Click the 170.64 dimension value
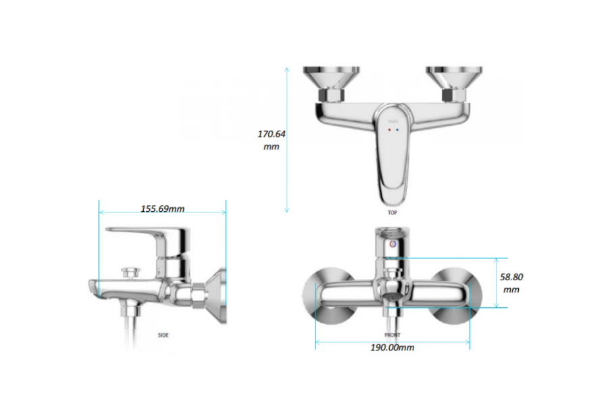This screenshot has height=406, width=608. click(x=272, y=134)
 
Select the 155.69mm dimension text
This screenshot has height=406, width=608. click(x=162, y=208)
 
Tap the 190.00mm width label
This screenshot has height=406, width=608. click(x=392, y=348)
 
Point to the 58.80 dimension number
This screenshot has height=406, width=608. click(x=511, y=277)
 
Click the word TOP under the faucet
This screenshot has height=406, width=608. click(x=392, y=212)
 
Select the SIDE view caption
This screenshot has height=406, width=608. click(x=163, y=335)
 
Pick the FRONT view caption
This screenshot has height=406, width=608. click(x=392, y=335)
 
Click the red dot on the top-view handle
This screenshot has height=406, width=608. click(x=389, y=129)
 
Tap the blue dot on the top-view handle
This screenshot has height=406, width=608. click(x=397, y=129)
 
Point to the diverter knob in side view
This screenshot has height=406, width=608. click(x=130, y=273)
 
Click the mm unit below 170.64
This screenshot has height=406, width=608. click(x=272, y=146)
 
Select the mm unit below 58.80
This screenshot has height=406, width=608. click(x=511, y=289)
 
